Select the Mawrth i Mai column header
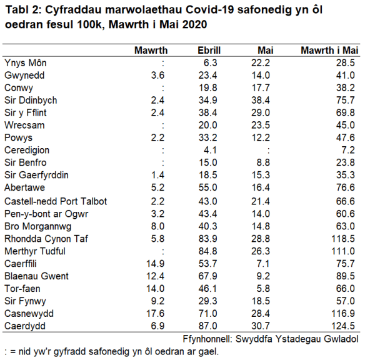[329, 51]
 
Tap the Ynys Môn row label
[25, 63]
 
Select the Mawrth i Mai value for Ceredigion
[350, 151]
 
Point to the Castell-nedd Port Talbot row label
[56, 201]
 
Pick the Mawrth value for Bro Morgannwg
[157, 226]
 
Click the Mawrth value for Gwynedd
[157, 76]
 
